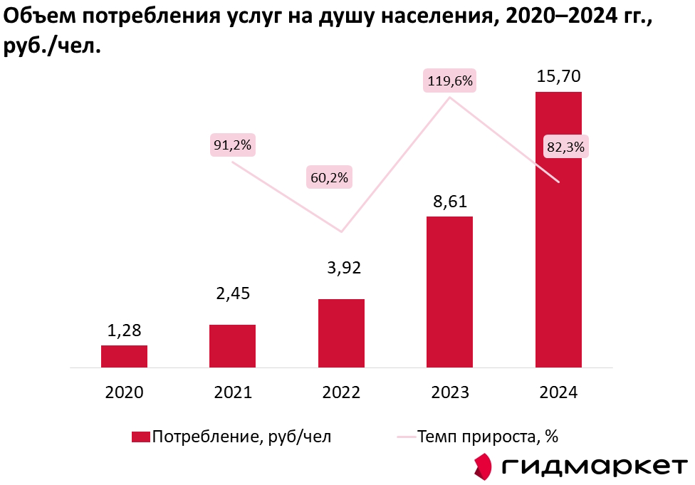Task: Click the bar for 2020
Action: point(124,356)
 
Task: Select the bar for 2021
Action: point(232,346)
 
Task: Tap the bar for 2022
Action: point(341,333)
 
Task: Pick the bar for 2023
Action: point(449,291)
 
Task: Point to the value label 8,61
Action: point(449,202)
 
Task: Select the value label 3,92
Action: point(341,268)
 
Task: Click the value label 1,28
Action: point(124,330)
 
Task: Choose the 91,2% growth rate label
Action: point(232,145)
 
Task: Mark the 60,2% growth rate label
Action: point(328,177)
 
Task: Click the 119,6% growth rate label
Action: point(449,80)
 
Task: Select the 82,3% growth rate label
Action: point(565,147)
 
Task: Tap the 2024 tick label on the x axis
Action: point(558,392)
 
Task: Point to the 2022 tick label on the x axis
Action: point(341,392)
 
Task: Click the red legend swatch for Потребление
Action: point(140,437)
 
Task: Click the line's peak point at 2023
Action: point(449,98)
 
